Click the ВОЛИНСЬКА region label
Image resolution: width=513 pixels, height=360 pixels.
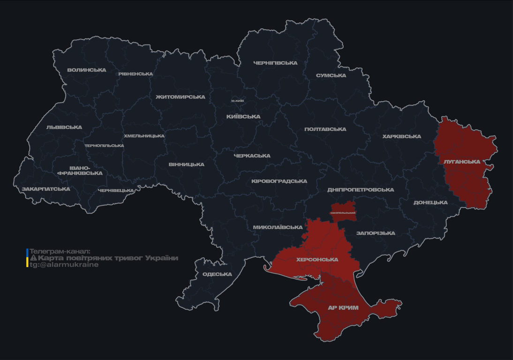[87, 70]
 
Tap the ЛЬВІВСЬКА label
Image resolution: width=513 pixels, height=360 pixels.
[64, 127]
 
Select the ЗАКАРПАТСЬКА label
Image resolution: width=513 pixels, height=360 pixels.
[46, 189]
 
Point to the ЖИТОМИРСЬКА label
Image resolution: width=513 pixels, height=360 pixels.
[181, 97]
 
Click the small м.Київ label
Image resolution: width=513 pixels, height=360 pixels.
[237, 101]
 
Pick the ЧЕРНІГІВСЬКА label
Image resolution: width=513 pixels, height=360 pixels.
[275, 63]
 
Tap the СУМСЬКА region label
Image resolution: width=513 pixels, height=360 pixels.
[331, 75]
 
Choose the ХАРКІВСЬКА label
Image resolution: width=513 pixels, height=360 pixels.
[401, 136]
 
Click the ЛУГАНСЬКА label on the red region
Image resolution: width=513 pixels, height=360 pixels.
[462, 162]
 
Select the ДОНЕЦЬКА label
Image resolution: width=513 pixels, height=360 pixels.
[430, 202]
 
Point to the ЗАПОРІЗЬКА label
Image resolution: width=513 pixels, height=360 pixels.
[376, 233]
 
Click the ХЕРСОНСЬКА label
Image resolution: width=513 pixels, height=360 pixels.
[317, 259]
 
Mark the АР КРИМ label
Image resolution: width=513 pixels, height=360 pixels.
[343, 308]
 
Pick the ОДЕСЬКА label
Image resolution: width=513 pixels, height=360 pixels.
[217, 274]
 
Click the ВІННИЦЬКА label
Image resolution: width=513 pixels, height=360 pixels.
[187, 165]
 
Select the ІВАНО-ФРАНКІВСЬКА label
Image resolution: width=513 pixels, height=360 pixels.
[80, 171]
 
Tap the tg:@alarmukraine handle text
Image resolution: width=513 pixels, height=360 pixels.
[64, 265]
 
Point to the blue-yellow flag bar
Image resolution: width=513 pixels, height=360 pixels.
[27, 258]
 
